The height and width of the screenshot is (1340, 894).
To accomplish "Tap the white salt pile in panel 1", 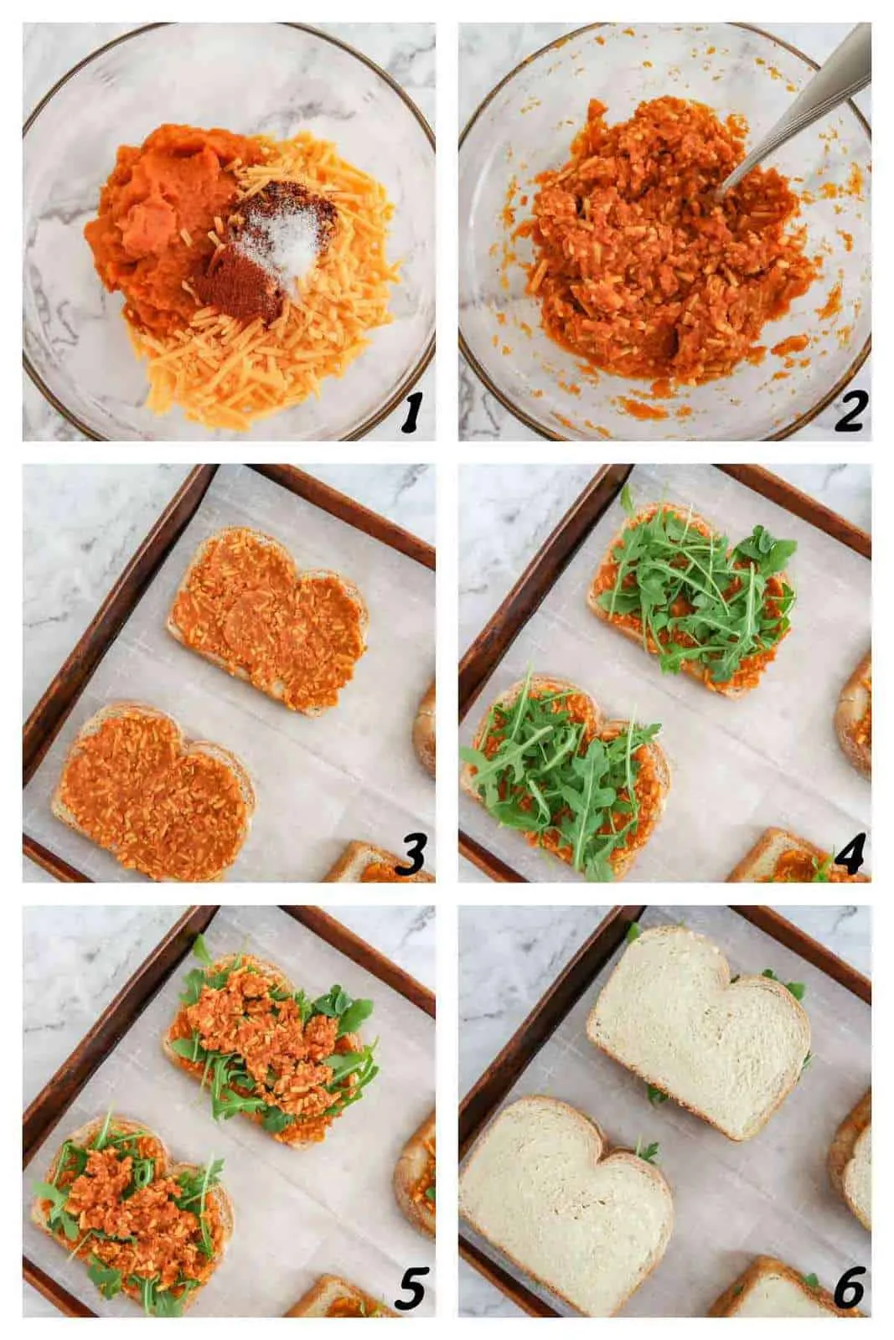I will [x=281, y=243].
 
